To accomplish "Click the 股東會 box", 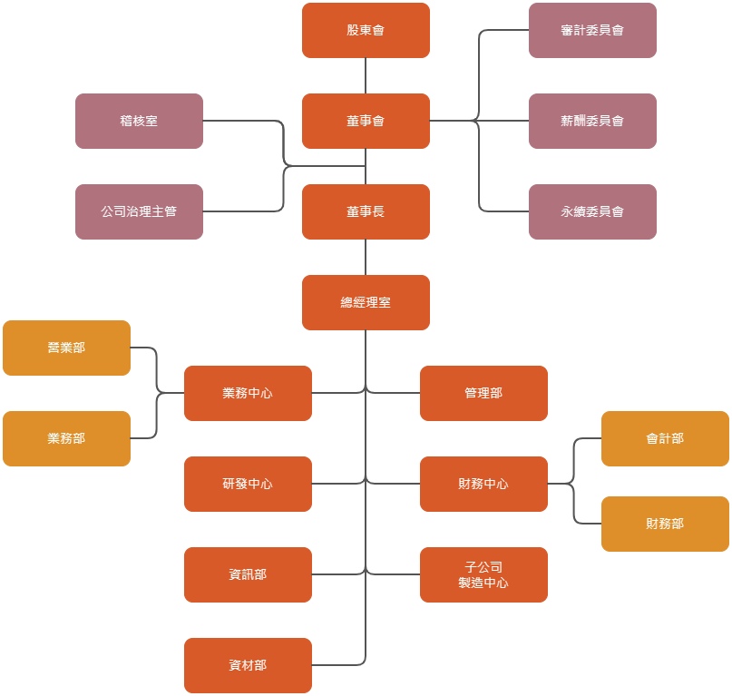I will coord(366,30).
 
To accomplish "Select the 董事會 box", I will coord(366,121).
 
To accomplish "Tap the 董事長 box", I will coord(366,211).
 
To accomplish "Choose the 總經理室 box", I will coord(366,302).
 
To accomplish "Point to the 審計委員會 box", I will coord(592,30).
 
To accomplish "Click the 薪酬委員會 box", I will coord(592,121).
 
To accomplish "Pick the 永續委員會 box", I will coord(592,211).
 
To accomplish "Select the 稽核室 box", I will coord(139,121).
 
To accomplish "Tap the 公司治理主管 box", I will coord(139,211).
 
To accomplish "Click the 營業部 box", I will coord(66,348).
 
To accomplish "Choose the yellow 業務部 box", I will coord(66,438).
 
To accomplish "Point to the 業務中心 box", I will coord(248,393).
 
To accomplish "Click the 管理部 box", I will coord(483,393).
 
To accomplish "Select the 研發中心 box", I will coord(248,484).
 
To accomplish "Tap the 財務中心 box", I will coord(483,484).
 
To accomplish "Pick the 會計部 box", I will coord(665,438).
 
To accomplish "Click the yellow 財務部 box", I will coord(665,524).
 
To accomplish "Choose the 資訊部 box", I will coord(248,574).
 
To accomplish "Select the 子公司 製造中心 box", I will coord(483,574).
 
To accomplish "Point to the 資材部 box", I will coord(248,665).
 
